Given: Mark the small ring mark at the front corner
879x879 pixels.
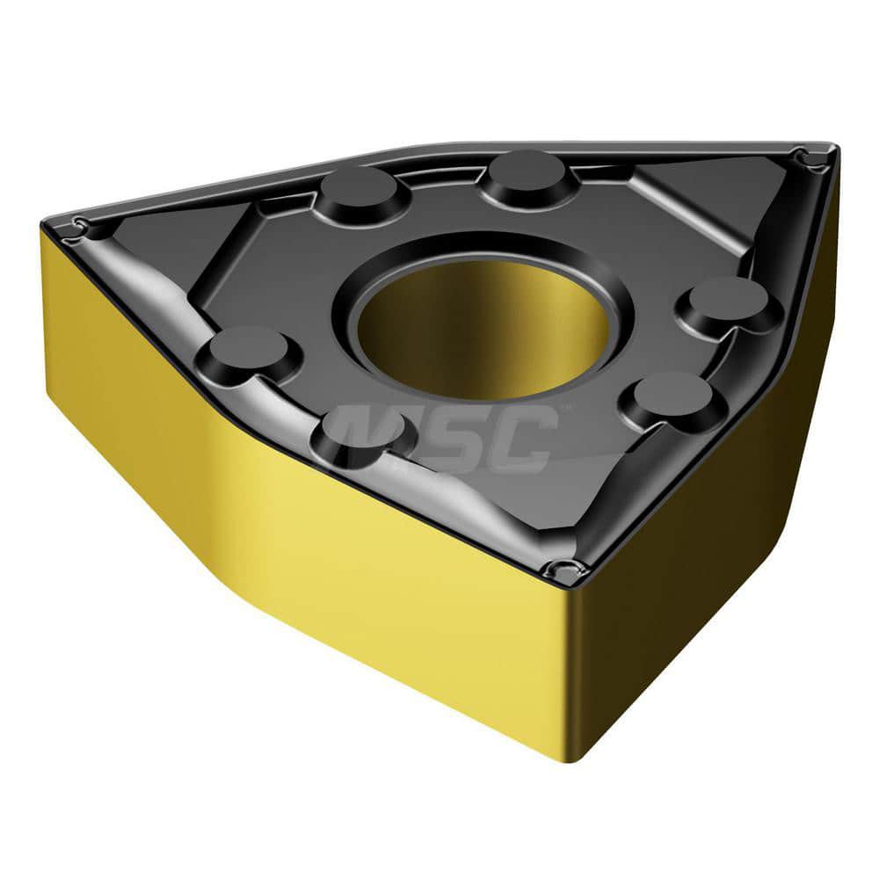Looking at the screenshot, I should [556, 567].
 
